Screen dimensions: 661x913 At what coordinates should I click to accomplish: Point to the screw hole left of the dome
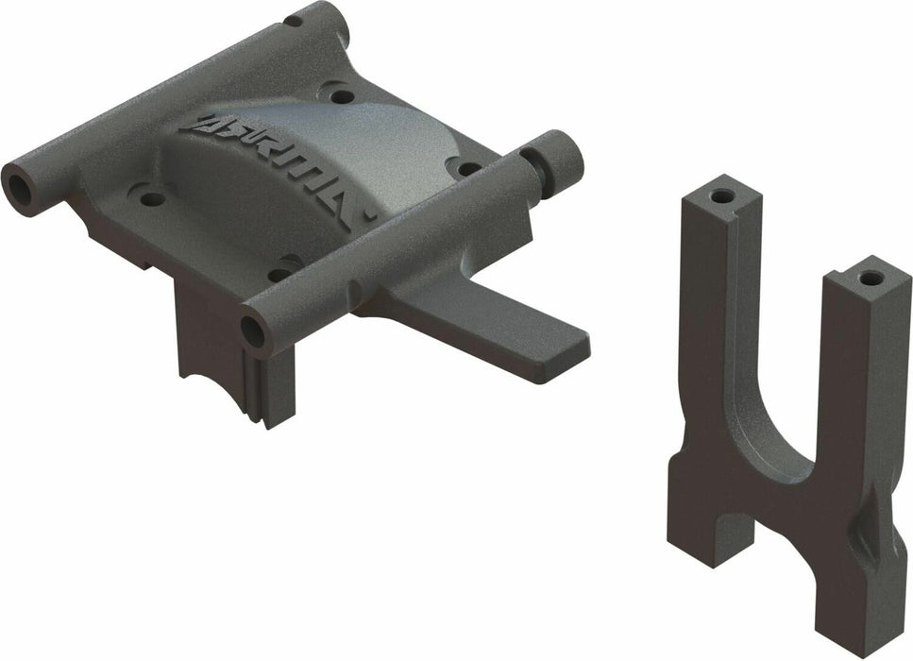pyautogui.click(x=147, y=198)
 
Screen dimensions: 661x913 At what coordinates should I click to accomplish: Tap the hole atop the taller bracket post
pyautogui.click(x=722, y=198)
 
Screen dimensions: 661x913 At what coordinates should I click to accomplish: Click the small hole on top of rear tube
pyautogui.click(x=295, y=19)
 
